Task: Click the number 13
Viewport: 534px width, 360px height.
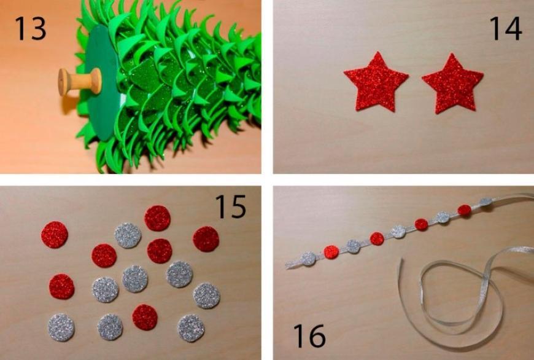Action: coord(30,29)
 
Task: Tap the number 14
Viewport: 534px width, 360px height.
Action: coord(505,29)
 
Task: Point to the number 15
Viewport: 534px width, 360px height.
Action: coord(231,206)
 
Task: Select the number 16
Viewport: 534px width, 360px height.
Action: coord(309,335)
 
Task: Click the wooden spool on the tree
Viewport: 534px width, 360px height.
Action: coord(80,82)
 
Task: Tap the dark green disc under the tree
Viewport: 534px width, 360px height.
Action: coord(101,82)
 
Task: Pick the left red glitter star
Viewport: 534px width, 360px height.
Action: coord(376,82)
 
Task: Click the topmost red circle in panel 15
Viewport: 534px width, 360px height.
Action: coord(157,218)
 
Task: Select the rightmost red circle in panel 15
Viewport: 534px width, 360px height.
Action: coord(206,239)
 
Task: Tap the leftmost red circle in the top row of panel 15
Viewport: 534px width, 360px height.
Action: coord(55,235)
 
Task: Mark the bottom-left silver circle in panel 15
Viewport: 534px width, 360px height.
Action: coord(61,327)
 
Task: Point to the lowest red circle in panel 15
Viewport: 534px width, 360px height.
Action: coord(145,318)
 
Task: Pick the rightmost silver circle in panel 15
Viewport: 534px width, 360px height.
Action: coord(207,295)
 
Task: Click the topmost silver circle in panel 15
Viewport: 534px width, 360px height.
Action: coord(128,235)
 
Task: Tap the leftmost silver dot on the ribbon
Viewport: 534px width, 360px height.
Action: coord(309,259)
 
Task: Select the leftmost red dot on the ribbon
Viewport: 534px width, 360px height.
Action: coord(331,252)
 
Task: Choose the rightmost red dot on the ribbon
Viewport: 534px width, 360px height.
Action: coord(465,210)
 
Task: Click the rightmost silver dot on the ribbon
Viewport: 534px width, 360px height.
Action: coord(486,202)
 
